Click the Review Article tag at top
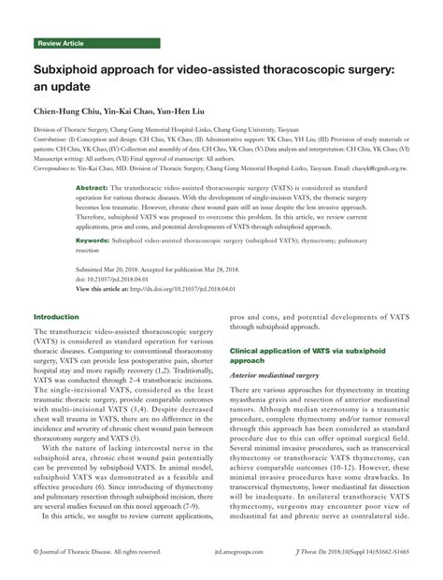click(x=60, y=44)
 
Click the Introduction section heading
click(x=56, y=317)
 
